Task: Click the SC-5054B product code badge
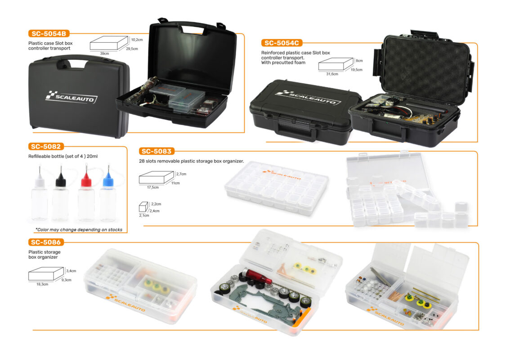click(49, 34)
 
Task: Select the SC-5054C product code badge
click(282, 43)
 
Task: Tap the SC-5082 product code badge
click(46, 147)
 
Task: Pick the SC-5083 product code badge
click(157, 151)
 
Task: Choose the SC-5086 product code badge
click(46, 242)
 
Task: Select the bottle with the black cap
click(61, 193)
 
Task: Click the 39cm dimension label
click(104, 54)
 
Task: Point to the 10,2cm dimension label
click(137, 40)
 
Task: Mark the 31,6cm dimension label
click(332, 74)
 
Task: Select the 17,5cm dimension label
click(153, 187)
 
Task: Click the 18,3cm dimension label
click(42, 284)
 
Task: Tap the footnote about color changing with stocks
click(79, 229)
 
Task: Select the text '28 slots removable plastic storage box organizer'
click(191, 161)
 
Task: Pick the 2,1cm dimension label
click(144, 216)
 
